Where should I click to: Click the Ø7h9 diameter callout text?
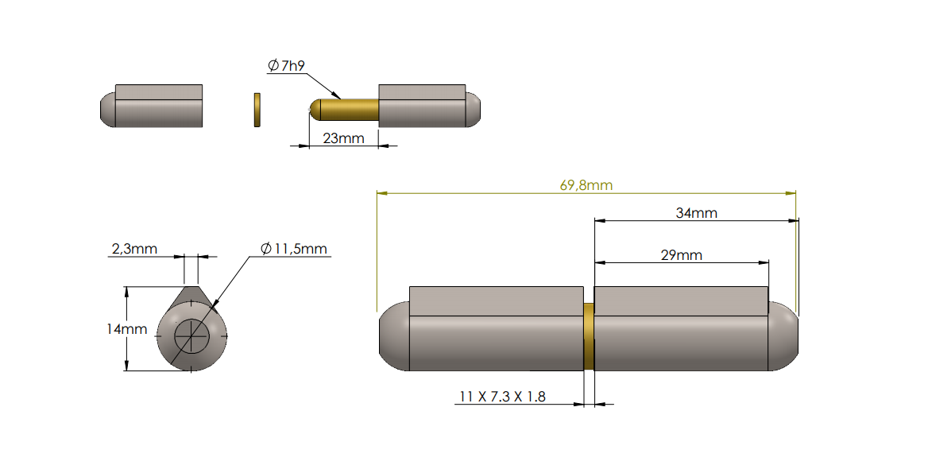(286, 66)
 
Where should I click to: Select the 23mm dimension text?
(343, 138)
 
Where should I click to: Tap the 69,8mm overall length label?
(586, 185)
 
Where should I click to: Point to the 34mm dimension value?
(696, 213)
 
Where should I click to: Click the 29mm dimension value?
(681, 255)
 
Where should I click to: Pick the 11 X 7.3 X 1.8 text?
(502, 397)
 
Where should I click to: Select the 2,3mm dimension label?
(133, 249)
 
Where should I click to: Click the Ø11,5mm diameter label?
(294, 249)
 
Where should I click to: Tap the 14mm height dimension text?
(127, 328)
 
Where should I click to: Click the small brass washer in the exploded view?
(257, 110)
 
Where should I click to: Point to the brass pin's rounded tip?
(315, 110)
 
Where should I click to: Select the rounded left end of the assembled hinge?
(392, 337)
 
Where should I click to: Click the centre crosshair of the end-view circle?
(192, 336)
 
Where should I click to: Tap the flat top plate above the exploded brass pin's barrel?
(422, 91)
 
